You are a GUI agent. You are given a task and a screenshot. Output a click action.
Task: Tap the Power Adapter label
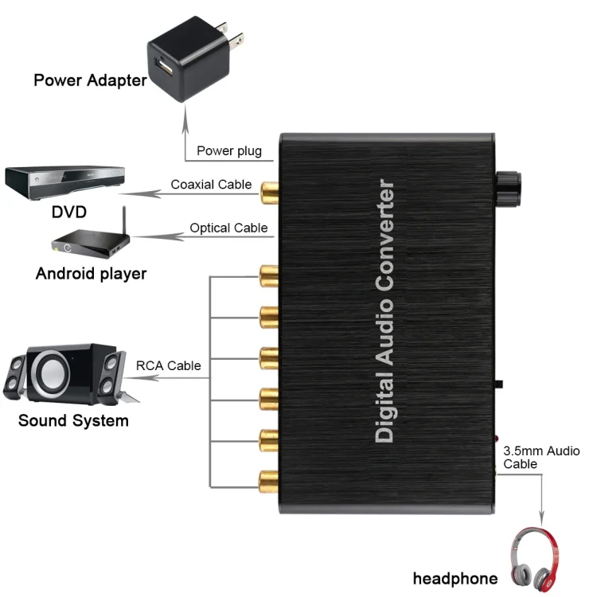coord(90,80)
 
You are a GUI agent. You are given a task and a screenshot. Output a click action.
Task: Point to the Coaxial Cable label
coord(211,185)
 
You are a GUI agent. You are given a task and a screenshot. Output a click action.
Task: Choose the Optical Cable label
coord(228,228)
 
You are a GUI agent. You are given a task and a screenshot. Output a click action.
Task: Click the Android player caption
coord(92,274)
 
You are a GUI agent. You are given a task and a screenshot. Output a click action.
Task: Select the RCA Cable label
coord(168,365)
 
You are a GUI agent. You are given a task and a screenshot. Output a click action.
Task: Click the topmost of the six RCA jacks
coord(266,277)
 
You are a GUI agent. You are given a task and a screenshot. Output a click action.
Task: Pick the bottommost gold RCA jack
coord(266,479)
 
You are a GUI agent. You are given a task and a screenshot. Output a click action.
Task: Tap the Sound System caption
coord(73,420)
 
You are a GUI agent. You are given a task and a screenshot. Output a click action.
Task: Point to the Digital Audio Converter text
coord(385,311)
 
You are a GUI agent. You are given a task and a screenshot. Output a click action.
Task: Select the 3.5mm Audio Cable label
coord(541,457)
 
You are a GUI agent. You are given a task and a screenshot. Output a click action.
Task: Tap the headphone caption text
coord(455,579)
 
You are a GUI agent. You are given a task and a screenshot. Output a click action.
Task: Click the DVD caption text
coord(68,213)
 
